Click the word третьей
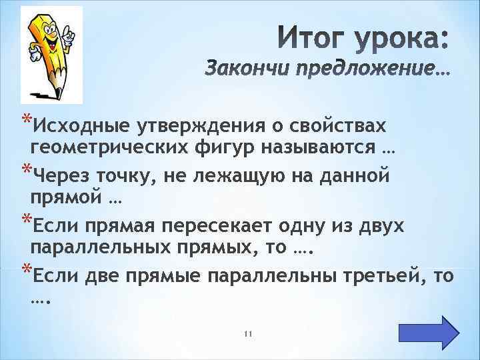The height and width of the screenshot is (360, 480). (x=380, y=274)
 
